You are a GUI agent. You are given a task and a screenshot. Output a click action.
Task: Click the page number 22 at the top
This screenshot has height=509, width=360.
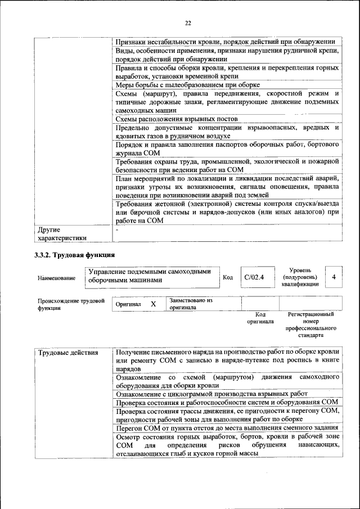[188, 23]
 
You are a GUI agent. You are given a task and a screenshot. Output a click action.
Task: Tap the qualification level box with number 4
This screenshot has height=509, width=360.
[334, 277]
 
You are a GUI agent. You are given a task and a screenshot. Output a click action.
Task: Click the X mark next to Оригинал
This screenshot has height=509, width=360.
[152, 304]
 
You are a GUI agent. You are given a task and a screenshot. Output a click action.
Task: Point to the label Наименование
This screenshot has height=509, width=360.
[56, 278]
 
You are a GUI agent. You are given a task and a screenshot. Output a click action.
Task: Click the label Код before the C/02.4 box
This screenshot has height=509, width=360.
[228, 277]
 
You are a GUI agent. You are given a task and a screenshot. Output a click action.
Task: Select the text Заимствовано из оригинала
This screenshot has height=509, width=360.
[190, 304]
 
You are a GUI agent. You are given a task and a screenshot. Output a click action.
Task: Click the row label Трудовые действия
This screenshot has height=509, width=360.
[67, 353]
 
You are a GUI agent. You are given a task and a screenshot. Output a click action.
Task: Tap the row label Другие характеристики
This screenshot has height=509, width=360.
[62, 233]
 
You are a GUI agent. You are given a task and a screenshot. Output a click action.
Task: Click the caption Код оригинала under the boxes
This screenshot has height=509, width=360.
[260, 318]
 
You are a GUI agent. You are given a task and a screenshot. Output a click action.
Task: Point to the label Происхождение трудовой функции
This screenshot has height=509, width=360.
[71, 304]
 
